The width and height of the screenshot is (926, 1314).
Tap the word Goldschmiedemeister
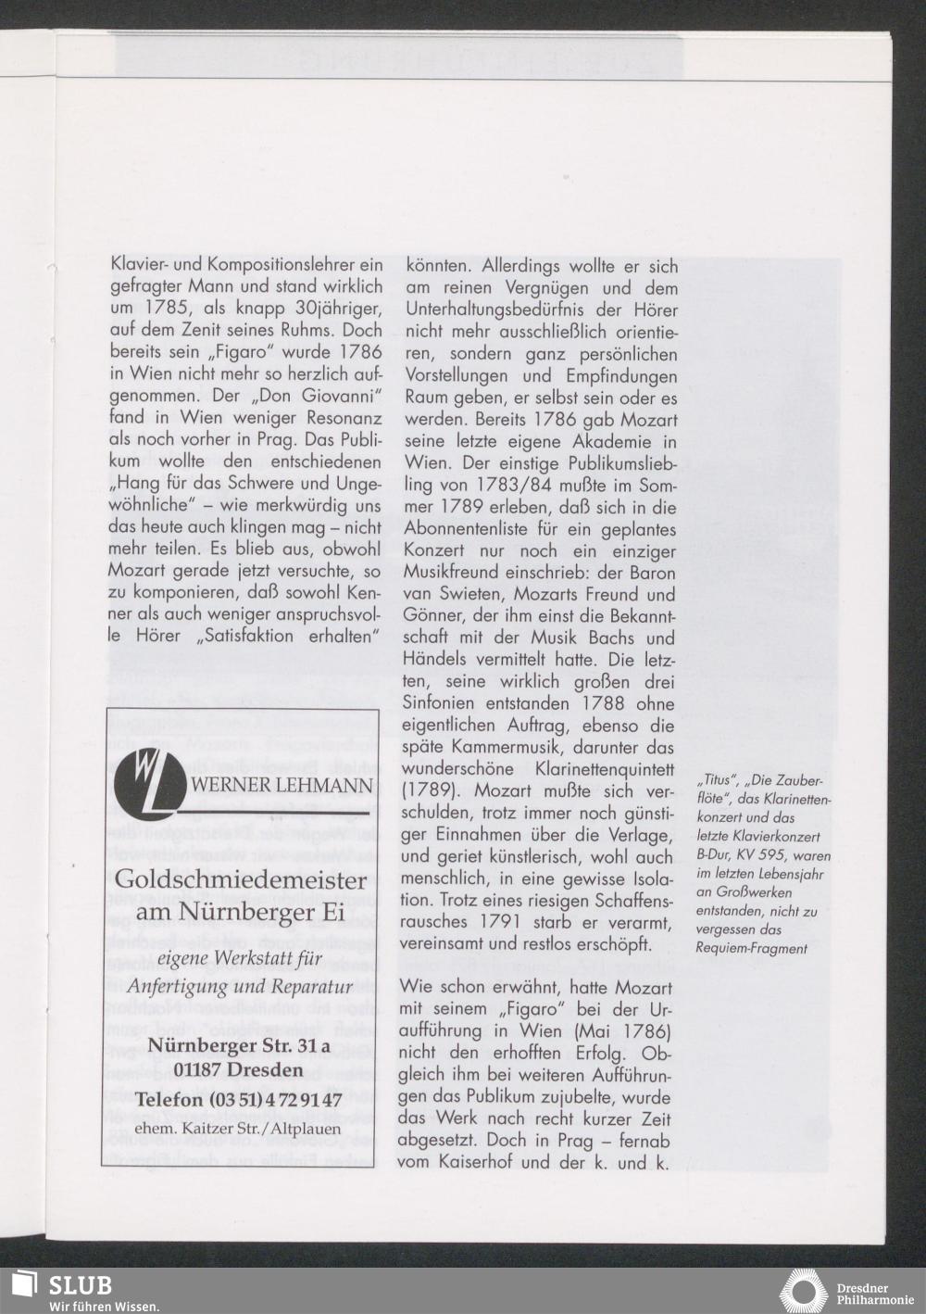[x=241, y=881]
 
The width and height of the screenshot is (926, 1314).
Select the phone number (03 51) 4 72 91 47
[x=239, y=1099]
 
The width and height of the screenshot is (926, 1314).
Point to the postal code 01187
[x=199, y=1070]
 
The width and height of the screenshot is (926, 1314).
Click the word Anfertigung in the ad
[x=174, y=984]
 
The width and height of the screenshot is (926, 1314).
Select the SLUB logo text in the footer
[x=81, y=1286]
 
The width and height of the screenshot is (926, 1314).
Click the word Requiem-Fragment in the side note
[x=751, y=948]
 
